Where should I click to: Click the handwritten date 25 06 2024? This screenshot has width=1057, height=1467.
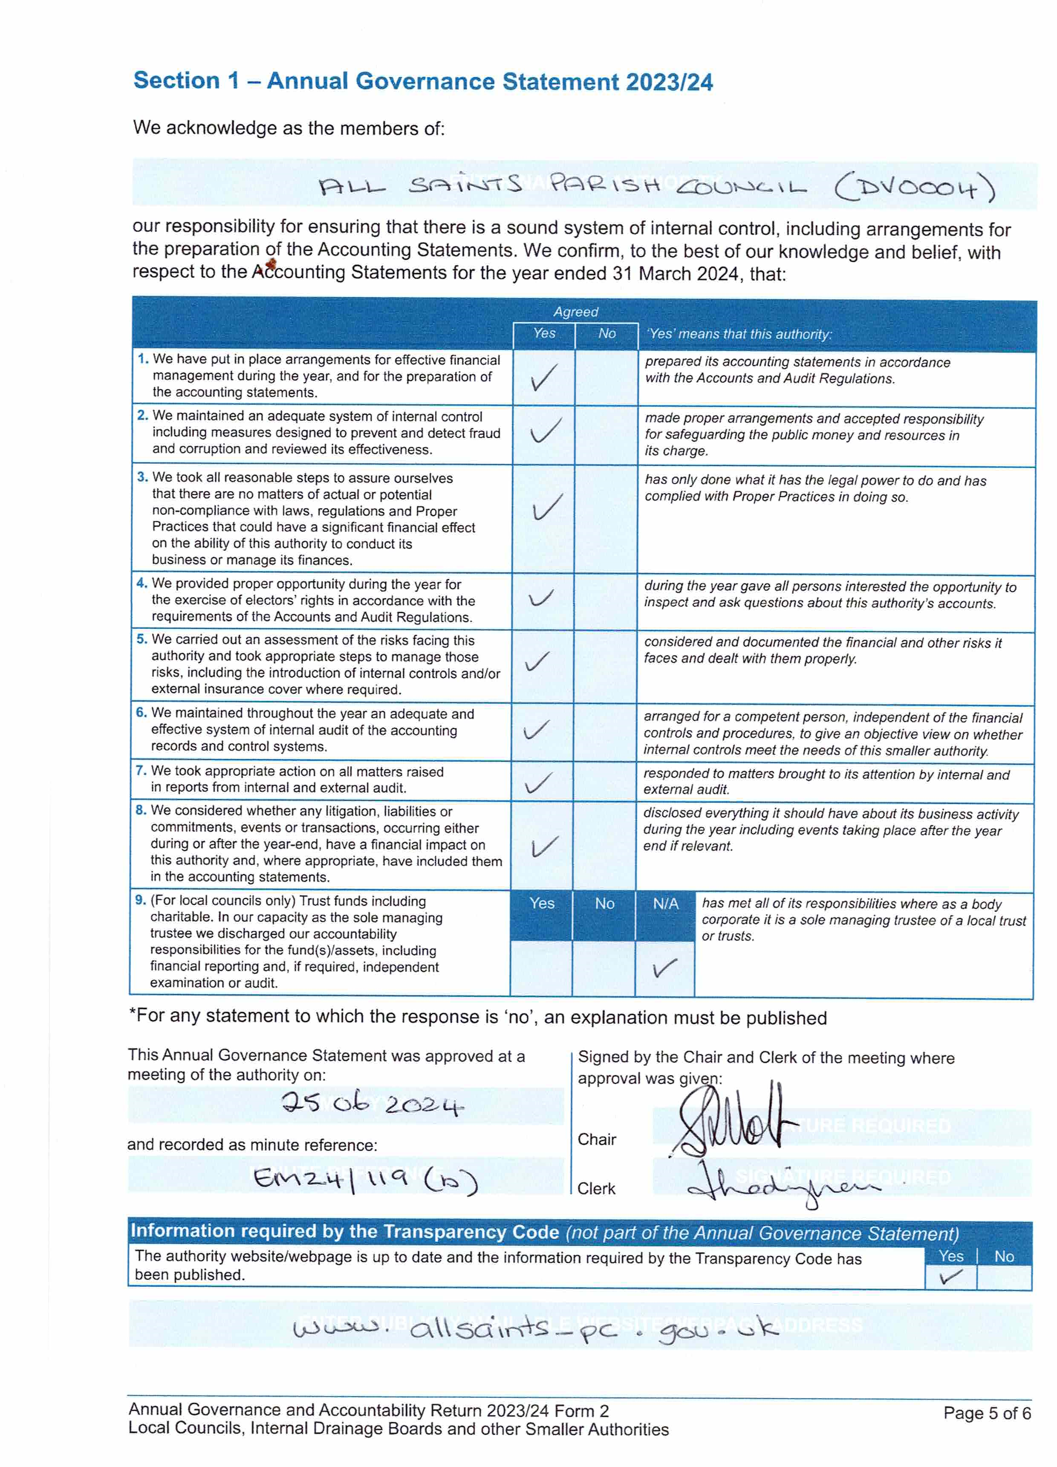pyautogui.click(x=372, y=1103)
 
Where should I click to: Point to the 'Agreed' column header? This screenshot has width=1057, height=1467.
pyautogui.click(x=575, y=312)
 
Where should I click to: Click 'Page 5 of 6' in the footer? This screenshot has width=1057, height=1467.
pyautogui.click(x=987, y=1413)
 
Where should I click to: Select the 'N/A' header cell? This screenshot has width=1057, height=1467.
pyautogui.click(x=665, y=904)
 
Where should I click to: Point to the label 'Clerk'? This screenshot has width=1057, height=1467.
pyautogui.click(x=596, y=1188)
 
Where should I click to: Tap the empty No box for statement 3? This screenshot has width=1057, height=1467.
pyautogui.click(x=606, y=519)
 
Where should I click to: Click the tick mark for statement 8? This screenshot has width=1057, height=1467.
pyautogui.click(x=543, y=846)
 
